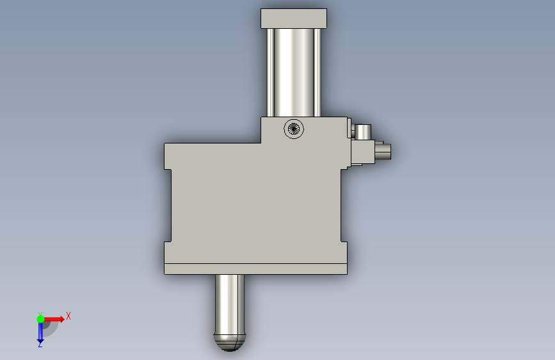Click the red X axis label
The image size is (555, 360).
[68, 316]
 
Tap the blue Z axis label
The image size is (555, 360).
[40, 344]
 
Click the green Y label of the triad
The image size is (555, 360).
[40, 314]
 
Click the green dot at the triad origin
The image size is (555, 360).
[40, 319]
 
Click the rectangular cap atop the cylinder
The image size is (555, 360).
[294, 19]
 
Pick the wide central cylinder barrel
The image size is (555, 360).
[294, 72]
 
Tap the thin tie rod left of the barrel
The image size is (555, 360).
[270, 72]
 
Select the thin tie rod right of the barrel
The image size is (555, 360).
[317, 72]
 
